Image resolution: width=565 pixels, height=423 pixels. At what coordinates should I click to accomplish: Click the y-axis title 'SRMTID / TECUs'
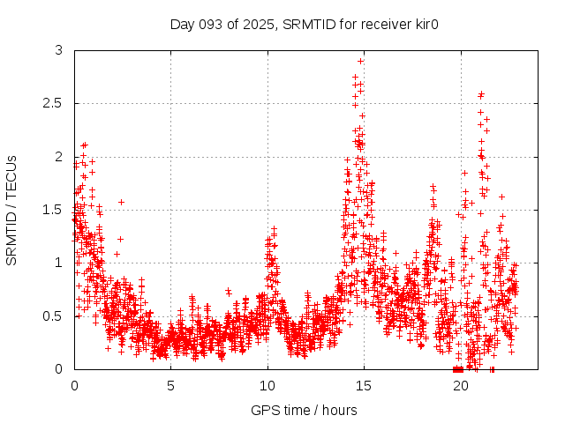[11, 210]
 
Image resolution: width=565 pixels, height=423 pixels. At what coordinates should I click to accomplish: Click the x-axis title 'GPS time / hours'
[304, 410]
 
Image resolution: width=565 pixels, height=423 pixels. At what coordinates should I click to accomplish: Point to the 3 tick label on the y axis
[58, 51]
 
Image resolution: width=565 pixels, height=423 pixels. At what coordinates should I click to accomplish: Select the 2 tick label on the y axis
[58, 157]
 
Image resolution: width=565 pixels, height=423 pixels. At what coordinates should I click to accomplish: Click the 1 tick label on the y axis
[58, 263]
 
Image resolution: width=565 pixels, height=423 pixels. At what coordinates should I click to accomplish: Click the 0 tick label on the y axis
[58, 368]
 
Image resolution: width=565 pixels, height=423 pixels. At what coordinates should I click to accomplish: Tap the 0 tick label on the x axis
[74, 385]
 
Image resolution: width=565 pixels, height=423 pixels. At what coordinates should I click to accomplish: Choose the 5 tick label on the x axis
[170, 385]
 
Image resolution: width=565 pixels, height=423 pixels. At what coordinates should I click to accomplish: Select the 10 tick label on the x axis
[267, 385]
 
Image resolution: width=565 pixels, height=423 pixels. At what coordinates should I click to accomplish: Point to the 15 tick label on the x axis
[363, 385]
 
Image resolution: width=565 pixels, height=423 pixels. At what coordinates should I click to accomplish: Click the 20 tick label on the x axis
[459, 385]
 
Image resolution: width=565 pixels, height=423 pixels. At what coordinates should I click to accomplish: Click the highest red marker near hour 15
[360, 61]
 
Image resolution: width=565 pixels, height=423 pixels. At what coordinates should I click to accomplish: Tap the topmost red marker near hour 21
[481, 94]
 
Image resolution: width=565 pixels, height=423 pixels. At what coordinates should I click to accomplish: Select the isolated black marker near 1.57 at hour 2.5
[121, 202]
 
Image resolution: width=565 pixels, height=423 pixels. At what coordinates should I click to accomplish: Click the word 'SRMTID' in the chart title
[311, 24]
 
